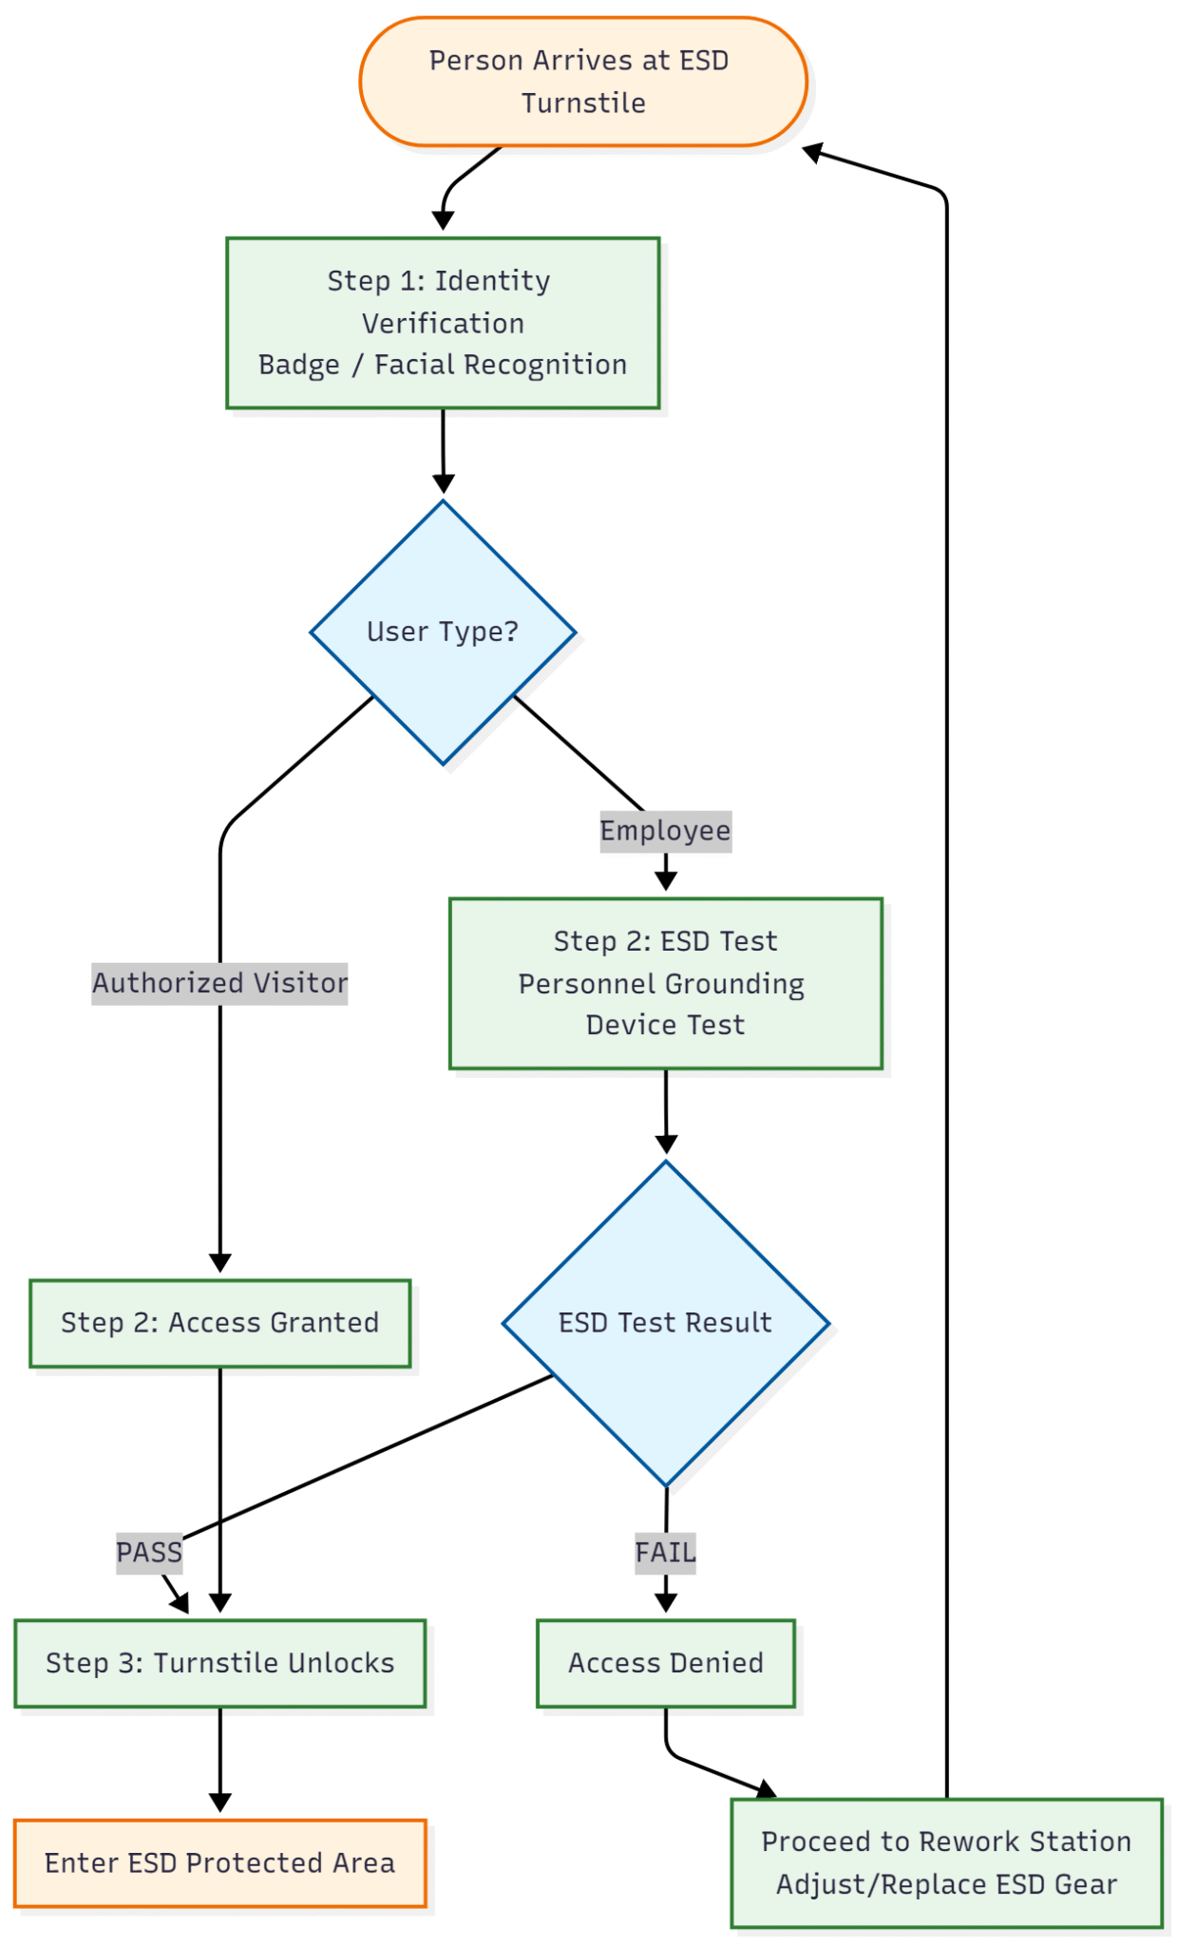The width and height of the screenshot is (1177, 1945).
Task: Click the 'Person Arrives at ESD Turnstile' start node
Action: pos(582,82)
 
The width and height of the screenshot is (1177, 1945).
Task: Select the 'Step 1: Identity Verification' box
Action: pos(443,323)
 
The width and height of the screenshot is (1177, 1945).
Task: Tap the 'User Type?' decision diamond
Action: pos(443,632)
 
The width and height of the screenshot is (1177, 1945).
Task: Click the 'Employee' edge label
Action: pos(665,831)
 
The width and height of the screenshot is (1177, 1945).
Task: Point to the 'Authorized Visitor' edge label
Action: pos(219,983)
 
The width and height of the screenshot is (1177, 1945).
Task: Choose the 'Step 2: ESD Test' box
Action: pos(665,983)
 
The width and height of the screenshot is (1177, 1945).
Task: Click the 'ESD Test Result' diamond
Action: pos(665,1322)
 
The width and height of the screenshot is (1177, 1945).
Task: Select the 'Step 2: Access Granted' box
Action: pos(219,1322)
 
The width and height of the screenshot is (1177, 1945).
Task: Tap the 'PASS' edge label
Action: pos(149,1553)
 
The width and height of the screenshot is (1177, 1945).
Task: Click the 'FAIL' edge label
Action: pos(665,1553)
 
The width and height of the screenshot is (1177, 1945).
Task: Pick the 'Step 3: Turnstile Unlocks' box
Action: pos(219,1663)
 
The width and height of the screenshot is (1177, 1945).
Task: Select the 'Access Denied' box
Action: pos(665,1663)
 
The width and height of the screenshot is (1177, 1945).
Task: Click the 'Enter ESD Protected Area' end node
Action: pos(219,1862)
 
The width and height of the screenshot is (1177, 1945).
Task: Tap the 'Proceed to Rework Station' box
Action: pos(946,1862)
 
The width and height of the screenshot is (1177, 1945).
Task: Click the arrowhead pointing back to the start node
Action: pos(813,152)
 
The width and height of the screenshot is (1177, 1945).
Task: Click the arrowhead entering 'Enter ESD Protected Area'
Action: pos(219,1802)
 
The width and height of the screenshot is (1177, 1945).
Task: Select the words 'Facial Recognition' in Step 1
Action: pos(500,365)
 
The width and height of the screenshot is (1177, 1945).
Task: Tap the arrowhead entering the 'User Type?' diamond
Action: pos(443,483)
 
